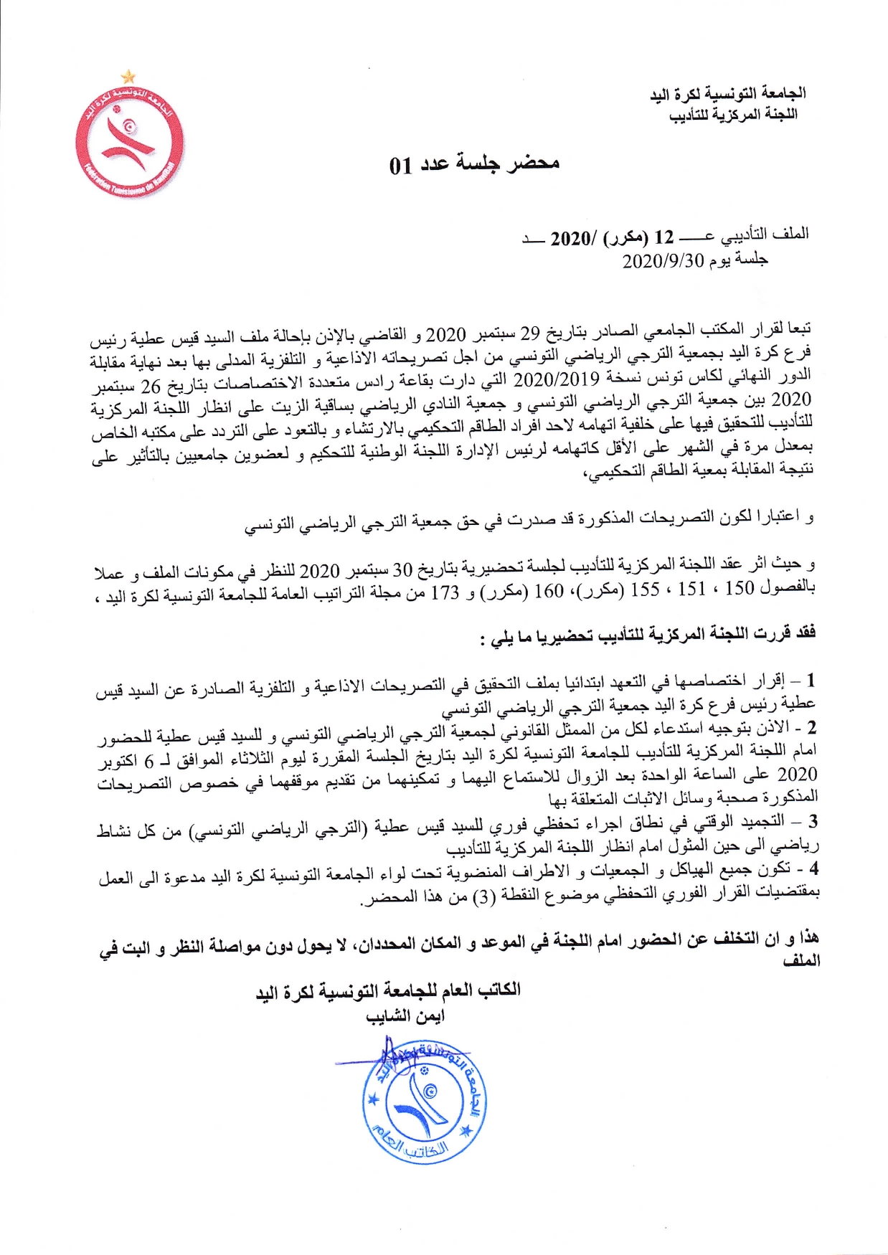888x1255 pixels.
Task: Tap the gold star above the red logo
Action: pos(128,75)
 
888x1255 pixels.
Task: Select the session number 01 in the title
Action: pos(400,166)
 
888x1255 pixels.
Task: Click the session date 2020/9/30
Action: pos(664,260)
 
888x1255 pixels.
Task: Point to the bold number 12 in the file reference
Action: pos(663,237)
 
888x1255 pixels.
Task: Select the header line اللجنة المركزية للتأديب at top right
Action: pos(733,114)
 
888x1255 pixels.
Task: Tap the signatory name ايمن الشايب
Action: pos(405,1015)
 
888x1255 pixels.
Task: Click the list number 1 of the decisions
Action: pos(811,679)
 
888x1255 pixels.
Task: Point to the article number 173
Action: pos(445,593)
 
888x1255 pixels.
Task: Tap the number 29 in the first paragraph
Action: pos(529,332)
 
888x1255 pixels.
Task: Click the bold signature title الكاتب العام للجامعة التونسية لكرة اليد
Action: pos(388,990)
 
